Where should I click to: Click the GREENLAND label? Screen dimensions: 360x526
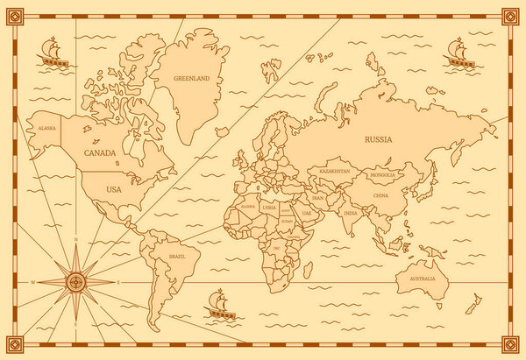(192, 79)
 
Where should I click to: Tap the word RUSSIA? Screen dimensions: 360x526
(379, 139)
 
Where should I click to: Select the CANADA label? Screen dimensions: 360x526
(101, 152)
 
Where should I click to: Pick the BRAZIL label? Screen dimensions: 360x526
(177, 257)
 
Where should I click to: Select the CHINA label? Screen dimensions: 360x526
(381, 195)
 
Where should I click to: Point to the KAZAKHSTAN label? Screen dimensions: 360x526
(337, 171)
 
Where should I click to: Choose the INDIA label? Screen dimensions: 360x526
(350, 213)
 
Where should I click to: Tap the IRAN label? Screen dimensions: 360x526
(319, 199)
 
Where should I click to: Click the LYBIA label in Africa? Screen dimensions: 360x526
(268, 207)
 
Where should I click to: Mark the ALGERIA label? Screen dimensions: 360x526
(248, 207)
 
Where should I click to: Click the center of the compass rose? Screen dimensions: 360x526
(76, 282)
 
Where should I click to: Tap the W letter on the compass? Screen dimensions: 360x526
(32, 283)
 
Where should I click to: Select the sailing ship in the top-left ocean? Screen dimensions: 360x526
(53, 53)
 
